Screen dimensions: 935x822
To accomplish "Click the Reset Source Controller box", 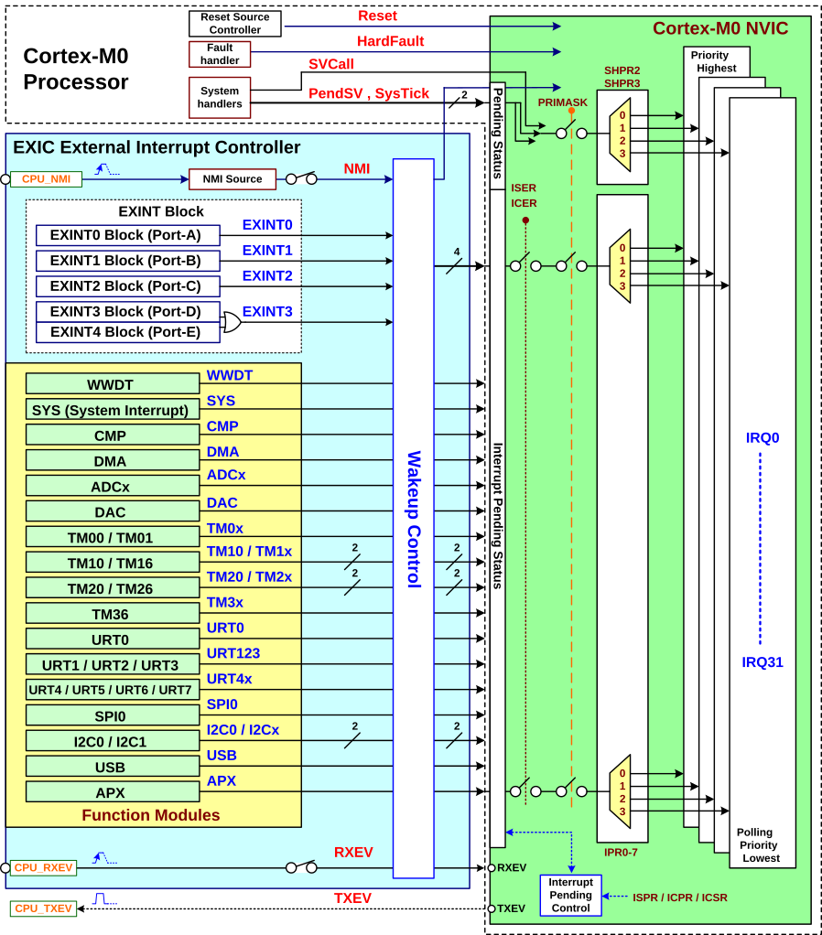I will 235,24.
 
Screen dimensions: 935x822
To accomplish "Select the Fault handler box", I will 220,54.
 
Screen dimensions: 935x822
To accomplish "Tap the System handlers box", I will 220,97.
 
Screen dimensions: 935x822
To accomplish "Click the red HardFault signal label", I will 390,41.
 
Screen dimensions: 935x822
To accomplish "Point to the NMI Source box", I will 232,179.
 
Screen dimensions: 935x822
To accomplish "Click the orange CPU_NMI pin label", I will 47,179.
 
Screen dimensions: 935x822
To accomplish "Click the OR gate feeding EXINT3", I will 232,322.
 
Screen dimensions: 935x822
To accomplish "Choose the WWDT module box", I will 112,384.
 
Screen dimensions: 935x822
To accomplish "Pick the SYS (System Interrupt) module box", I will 112,410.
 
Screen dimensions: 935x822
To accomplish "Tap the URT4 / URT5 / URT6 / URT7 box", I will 112,690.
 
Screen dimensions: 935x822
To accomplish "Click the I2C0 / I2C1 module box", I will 112,741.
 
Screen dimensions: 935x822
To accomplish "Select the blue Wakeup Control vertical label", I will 414,518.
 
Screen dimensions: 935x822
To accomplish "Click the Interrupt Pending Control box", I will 570,896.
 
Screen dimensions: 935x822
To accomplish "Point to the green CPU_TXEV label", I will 43,908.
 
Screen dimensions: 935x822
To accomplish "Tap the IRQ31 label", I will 763,662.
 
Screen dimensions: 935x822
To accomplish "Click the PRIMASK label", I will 563,102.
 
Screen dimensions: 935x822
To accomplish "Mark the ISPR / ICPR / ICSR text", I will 680,897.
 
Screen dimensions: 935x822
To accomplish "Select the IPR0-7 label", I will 621,853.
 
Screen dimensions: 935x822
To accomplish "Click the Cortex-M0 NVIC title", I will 719,28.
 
